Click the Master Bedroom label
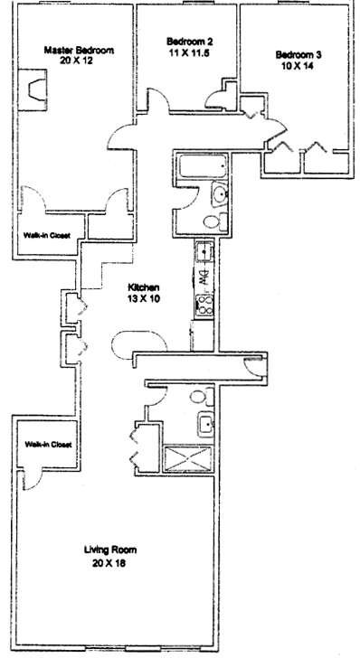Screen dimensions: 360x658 (x=79, y=51)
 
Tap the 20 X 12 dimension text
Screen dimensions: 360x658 (x=77, y=61)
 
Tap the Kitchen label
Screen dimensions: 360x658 (x=143, y=287)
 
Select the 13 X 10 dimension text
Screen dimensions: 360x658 (x=144, y=299)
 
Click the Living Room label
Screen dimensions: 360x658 (x=110, y=550)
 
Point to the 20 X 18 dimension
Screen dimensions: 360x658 (x=109, y=563)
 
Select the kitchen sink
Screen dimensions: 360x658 (x=204, y=252)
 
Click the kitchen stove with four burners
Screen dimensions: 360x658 (x=205, y=305)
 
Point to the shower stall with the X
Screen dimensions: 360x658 (x=187, y=458)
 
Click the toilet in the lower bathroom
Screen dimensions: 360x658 (x=201, y=397)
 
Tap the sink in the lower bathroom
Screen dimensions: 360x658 (x=206, y=424)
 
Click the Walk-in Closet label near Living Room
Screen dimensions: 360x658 (x=48, y=445)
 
